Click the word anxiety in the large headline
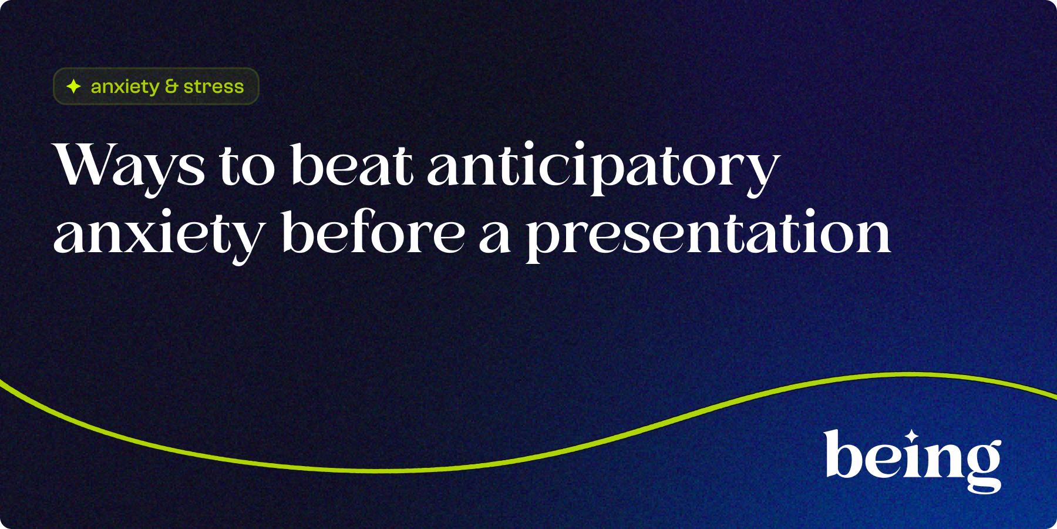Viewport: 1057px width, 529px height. coord(159,235)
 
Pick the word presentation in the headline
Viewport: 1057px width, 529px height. coord(708,235)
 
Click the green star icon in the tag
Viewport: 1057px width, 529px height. coord(73,86)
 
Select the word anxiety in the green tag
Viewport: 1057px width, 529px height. coord(125,87)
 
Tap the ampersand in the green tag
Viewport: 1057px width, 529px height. coord(171,86)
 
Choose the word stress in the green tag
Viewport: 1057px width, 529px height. coord(214,87)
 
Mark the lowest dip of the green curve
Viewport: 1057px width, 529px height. coord(399,471)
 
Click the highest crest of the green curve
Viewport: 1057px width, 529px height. coord(910,374)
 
